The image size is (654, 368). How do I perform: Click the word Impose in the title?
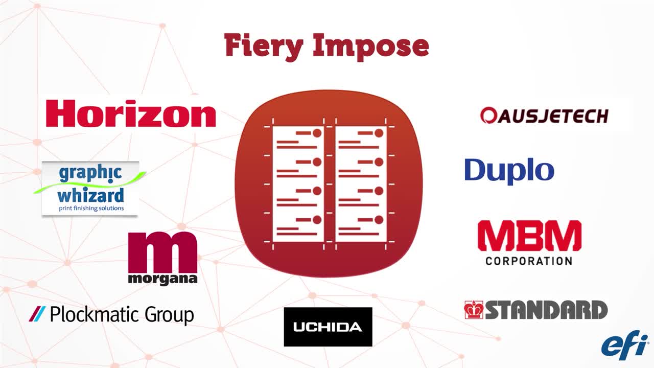(x=371, y=47)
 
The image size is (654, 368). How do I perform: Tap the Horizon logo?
(x=131, y=113)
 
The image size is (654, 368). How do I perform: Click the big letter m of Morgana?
(x=162, y=252)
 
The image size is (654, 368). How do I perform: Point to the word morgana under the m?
(x=162, y=279)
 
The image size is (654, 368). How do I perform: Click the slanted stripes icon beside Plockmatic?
(x=37, y=313)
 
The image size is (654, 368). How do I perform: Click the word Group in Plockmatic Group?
(x=169, y=315)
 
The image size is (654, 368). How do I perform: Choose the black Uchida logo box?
(x=328, y=327)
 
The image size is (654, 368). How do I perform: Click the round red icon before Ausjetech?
(x=488, y=116)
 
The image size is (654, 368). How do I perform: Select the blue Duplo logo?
(x=509, y=170)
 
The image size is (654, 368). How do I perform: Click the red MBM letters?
(x=529, y=236)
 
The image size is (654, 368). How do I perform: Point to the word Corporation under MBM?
(x=529, y=261)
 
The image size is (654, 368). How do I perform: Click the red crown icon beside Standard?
(x=474, y=310)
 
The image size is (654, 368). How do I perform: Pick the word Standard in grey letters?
(x=546, y=310)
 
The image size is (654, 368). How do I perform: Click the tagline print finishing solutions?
(x=90, y=209)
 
